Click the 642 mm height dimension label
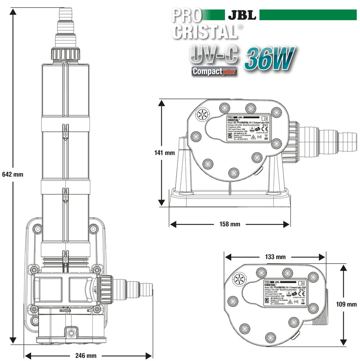[13, 174]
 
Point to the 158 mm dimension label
[229, 224]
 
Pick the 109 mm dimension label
[346, 304]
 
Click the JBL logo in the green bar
[242, 16]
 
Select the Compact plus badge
[215, 71]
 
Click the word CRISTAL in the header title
[204, 32]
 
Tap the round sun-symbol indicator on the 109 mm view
[239, 279]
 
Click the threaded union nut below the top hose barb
[65, 54]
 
